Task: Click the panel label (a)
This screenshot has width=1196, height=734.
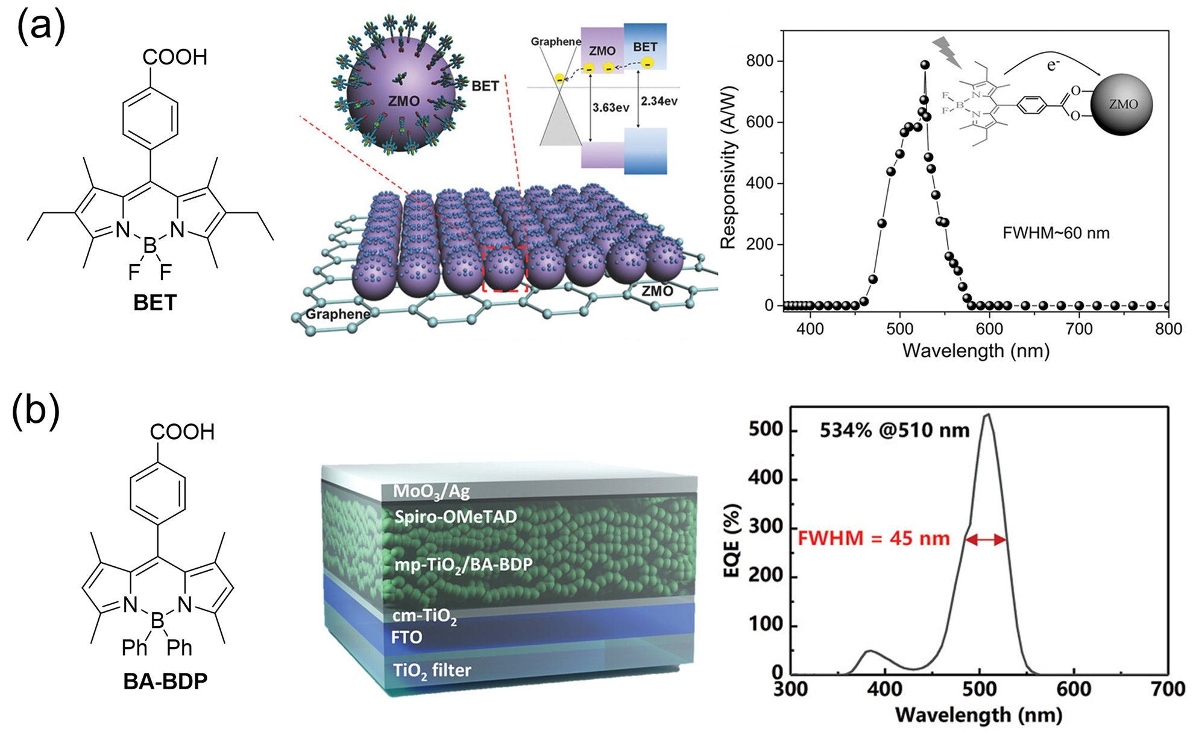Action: coord(40,28)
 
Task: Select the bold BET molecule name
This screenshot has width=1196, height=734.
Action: coord(155,302)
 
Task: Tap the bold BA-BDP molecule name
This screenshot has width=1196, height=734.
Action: coord(165,681)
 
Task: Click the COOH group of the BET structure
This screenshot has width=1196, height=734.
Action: coord(175,57)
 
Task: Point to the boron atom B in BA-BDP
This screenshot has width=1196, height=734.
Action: coord(157,621)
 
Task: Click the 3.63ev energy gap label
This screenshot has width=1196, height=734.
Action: coord(611,108)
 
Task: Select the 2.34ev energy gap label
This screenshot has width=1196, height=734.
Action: coord(659,101)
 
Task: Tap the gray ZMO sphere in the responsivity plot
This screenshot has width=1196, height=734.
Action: coord(1122,104)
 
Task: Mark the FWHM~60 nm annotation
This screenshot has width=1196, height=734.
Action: coord(1056,233)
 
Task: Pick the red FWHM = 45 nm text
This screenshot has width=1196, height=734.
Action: coord(873,538)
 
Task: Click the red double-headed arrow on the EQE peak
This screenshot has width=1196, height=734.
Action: coord(986,540)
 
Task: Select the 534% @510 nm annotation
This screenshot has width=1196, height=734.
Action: coord(895,431)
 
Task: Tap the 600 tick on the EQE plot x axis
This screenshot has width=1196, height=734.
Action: coord(1074,689)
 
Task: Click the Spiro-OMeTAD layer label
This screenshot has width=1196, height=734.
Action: coord(455,517)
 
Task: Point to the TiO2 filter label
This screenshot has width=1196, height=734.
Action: coord(432,670)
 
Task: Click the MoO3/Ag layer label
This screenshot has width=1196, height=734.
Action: coord(431,491)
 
